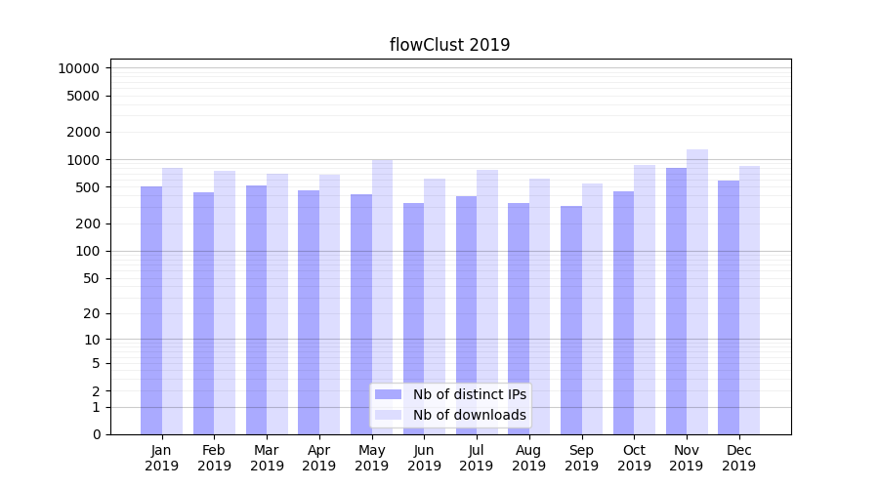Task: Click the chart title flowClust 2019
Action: click(449, 45)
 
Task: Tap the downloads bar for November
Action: click(697, 292)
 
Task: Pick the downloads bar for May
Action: click(382, 297)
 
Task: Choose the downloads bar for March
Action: click(277, 304)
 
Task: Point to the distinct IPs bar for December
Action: click(729, 307)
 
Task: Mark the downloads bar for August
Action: click(540, 306)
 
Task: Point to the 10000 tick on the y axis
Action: click(79, 68)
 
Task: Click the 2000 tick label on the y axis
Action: click(83, 132)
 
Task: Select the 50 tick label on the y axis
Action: click(90, 278)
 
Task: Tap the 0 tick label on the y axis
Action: click(96, 434)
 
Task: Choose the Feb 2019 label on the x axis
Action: click(214, 458)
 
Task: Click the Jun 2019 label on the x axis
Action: click(424, 458)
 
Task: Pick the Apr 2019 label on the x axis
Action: click(319, 458)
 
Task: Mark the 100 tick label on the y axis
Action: click(87, 251)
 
